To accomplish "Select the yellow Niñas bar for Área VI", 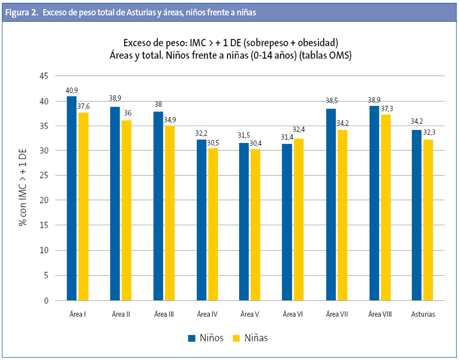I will click(x=299, y=219).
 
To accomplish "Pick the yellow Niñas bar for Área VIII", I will click(x=386, y=207).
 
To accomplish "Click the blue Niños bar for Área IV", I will click(x=201, y=220).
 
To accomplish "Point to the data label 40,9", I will click(x=72, y=90).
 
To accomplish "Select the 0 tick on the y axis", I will click(x=45, y=301).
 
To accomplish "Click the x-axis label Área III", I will click(x=164, y=314).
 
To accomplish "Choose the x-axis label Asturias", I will click(x=423, y=314).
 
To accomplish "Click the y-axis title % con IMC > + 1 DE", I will click(x=23, y=188).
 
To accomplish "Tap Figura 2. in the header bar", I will click(x=22, y=13).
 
